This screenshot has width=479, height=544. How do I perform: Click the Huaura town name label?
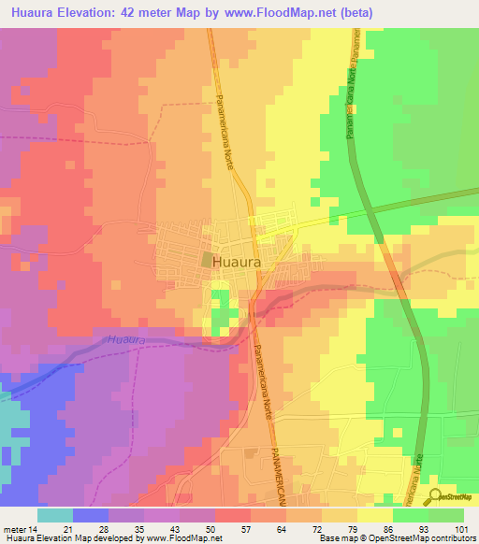(x=241, y=263)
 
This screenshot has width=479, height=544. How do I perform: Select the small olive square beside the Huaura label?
(x=207, y=258)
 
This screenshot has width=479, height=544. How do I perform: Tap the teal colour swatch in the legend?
(x=54, y=515)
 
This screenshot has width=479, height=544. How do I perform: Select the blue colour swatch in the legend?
(x=91, y=515)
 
